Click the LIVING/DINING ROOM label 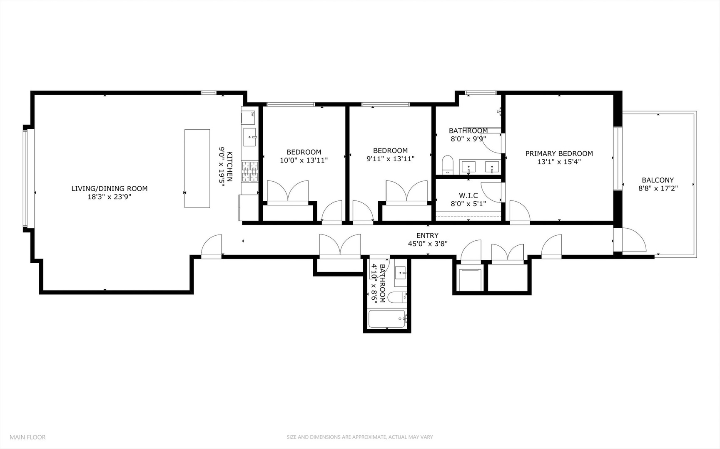[x=109, y=188]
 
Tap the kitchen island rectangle [x=197, y=168]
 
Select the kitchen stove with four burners [x=250, y=171]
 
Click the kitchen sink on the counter [x=250, y=137]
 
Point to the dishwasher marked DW [x=248, y=117]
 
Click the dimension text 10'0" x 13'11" [x=304, y=160]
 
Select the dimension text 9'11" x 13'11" [x=390, y=158]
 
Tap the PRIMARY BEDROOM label [x=559, y=153]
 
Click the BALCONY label [x=658, y=180]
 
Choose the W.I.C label [x=468, y=195]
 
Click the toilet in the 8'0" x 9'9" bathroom [x=447, y=165]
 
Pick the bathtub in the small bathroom [x=387, y=319]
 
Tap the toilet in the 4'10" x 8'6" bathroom [x=396, y=297]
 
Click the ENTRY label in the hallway [x=427, y=235]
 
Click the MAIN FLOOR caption [x=27, y=437]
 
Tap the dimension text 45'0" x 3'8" [x=427, y=244]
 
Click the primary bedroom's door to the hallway [x=518, y=212]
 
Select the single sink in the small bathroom [x=401, y=273]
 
